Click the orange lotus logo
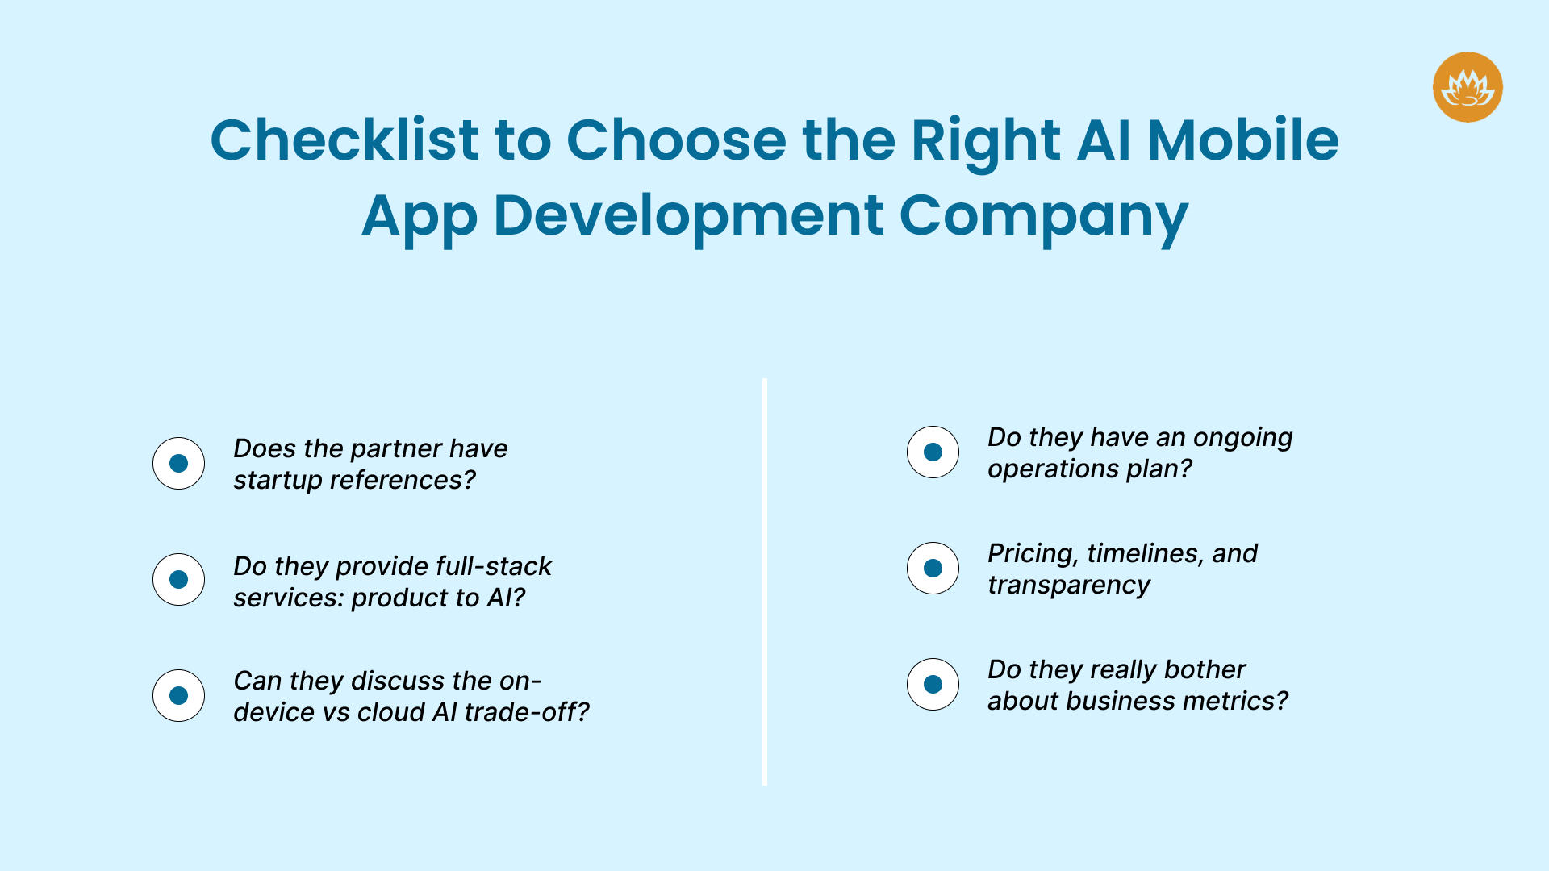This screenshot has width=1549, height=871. (1468, 87)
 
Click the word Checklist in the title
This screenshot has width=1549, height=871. (344, 140)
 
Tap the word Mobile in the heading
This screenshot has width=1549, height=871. (1242, 140)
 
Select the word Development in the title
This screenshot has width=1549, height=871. (688, 215)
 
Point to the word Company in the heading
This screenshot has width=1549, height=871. (1043, 217)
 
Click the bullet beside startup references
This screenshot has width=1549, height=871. (178, 464)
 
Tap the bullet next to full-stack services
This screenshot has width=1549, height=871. (178, 579)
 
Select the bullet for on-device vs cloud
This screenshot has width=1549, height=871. (178, 695)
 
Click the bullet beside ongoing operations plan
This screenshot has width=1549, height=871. (933, 452)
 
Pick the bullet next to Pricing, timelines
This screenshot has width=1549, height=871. (933, 568)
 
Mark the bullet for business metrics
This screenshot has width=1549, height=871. (933, 684)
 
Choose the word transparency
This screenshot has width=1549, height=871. (1069, 586)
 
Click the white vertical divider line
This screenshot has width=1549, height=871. (765, 581)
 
